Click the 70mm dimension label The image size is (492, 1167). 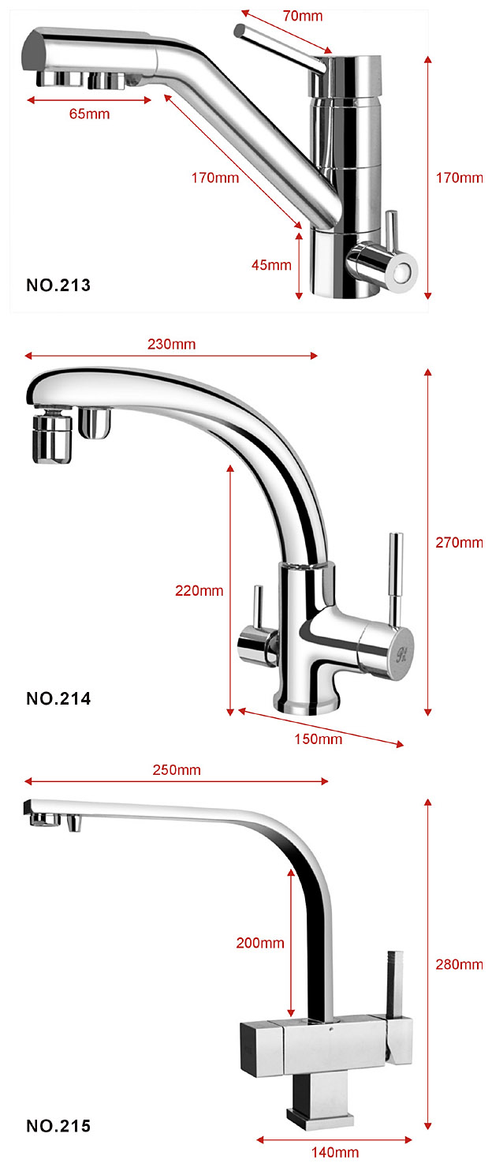click(x=303, y=16)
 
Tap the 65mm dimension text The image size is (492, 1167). click(x=90, y=114)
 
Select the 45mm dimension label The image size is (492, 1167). click(x=271, y=264)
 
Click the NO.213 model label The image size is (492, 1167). click(x=58, y=285)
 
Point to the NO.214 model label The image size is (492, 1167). click(x=58, y=698)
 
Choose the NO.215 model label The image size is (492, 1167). click(x=58, y=1126)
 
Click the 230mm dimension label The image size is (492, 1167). click(x=171, y=344)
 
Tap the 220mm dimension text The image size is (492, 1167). click(x=199, y=590)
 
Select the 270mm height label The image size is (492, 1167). click(x=459, y=542)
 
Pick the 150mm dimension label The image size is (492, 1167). click(x=318, y=739)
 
